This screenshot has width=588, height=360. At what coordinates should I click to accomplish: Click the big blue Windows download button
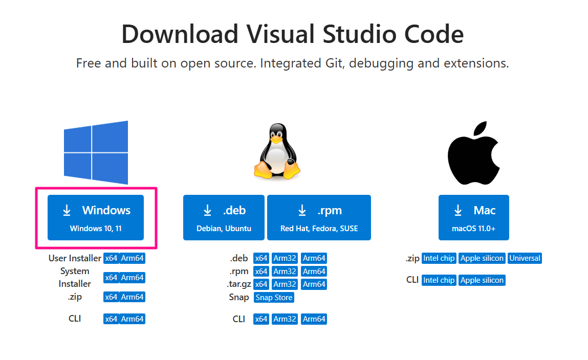tap(96, 217)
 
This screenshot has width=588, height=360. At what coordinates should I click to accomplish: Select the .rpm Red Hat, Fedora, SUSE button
tap(319, 217)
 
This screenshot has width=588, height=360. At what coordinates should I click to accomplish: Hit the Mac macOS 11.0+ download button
tap(473, 217)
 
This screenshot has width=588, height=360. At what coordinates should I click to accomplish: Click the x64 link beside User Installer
tap(111, 258)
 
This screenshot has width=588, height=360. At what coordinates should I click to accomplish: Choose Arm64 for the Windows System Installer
tap(132, 278)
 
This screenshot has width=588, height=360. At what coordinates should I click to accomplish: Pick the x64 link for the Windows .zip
tap(111, 297)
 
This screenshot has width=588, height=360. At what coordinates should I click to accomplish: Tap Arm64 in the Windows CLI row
tap(132, 319)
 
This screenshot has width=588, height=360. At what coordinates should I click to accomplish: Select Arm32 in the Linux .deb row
tap(285, 258)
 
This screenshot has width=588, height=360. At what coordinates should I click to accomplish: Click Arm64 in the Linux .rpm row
tap(314, 272)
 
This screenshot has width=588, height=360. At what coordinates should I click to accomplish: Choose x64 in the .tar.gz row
tap(261, 284)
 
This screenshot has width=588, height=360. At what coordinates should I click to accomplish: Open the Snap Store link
tap(274, 298)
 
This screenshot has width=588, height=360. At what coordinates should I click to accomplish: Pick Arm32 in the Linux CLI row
tap(285, 319)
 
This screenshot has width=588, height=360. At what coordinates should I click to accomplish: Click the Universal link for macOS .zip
tap(525, 258)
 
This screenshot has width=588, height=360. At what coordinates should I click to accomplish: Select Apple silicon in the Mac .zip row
tap(482, 258)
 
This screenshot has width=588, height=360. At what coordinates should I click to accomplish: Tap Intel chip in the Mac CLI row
tap(439, 280)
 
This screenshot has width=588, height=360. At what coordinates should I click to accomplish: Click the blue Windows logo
tap(96, 152)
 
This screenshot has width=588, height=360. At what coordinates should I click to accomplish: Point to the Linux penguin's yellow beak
tap(277, 139)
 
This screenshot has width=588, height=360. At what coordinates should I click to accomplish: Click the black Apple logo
tap(473, 153)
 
